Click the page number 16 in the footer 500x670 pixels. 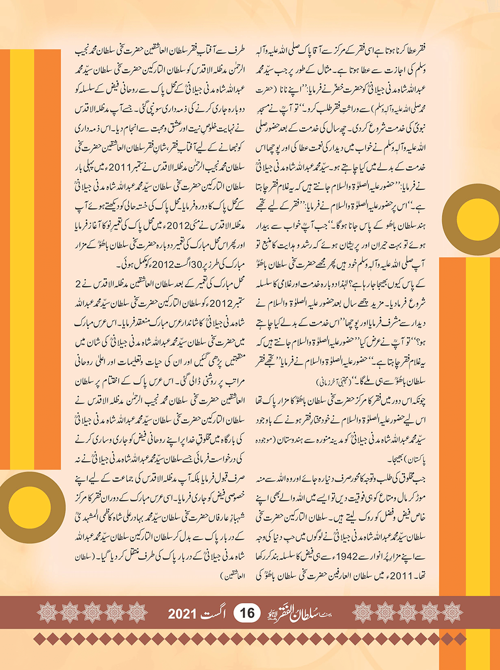pos(247,613)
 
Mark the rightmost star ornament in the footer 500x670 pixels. pos(452,613)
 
